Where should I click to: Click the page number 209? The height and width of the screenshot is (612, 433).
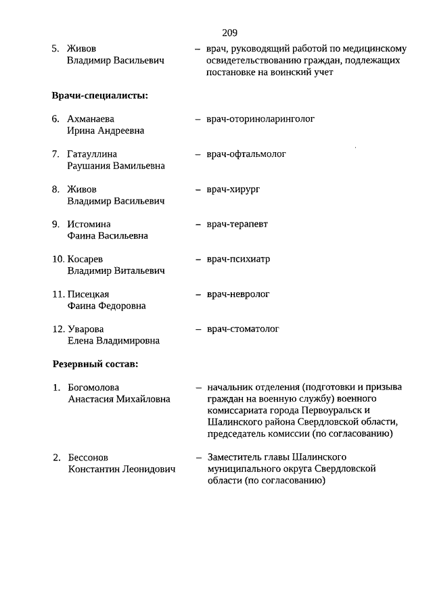tap(229, 32)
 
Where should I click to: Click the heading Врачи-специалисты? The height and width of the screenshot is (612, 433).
tap(100, 95)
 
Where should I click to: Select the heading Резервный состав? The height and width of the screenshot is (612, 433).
tap(95, 364)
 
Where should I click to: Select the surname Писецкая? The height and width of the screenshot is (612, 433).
tap(89, 294)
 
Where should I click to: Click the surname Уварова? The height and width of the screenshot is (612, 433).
tap(85, 329)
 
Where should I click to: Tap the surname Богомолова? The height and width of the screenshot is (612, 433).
tap(93, 387)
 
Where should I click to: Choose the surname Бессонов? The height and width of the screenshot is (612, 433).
tap(88, 458)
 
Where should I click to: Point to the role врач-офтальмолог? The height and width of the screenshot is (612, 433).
tap(246, 154)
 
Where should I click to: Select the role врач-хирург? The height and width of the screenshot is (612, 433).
tap(233, 189)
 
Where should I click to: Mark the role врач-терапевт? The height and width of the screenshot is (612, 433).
tap(237, 224)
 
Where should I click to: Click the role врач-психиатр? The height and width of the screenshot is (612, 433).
tap(239, 259)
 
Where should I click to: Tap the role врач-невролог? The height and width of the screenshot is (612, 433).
tap(238, 294)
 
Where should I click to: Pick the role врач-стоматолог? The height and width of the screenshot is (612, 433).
tap(243, 329)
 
